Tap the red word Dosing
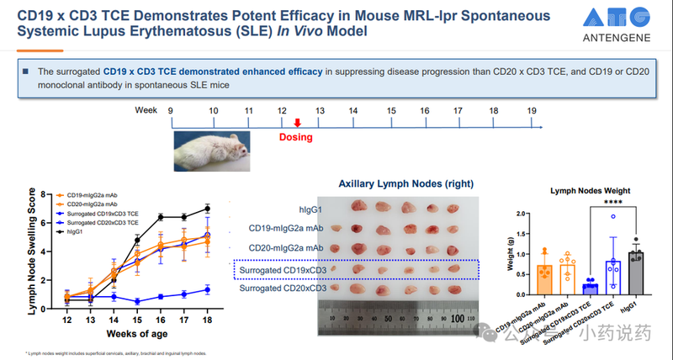pyautogui.click(x=296, y=137)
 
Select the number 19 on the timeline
pyautogui.click(x=532, y=110)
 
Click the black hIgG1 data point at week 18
pyautogui.click(x=207, y=208)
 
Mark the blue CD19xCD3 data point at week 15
pyautogui.click(x=136, y=301)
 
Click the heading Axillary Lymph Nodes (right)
pyautogui.click(x=405, y=183)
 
